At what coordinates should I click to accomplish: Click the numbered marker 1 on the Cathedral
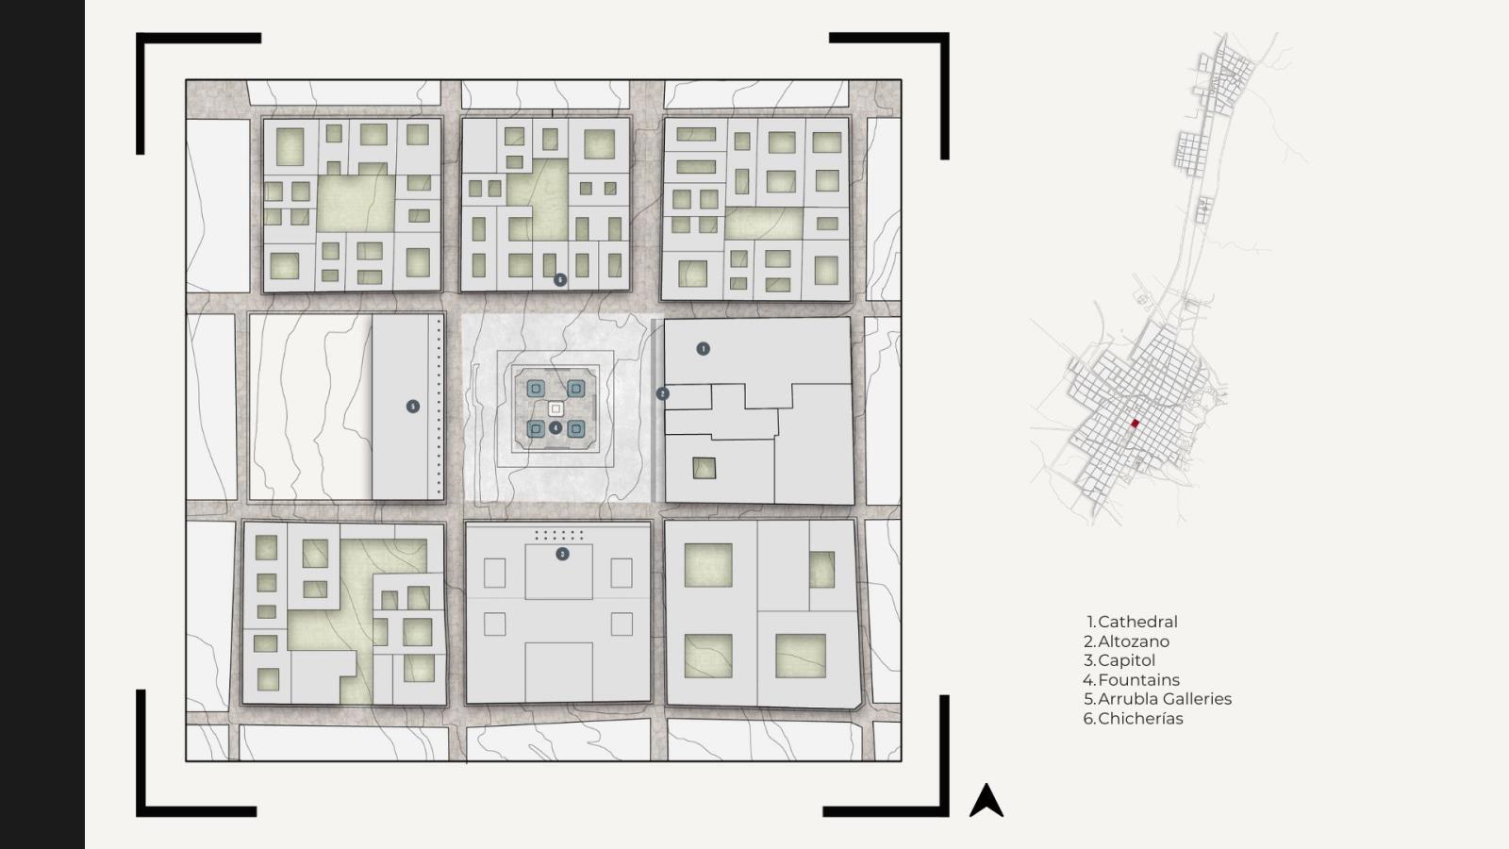(x=703, y=349)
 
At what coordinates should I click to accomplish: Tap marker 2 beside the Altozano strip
(x=662, y=393)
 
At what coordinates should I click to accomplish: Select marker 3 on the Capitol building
(x=562, y=554)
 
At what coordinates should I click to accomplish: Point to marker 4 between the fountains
(x=556, y=428)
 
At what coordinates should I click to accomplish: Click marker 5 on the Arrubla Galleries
(x=413, y=407)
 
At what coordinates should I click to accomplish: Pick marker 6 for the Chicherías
(x=560, y=279)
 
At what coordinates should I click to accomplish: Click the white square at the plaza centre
(x=556, y=409)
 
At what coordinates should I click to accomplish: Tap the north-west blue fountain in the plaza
(x=536, y=388)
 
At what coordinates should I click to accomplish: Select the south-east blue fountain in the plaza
(x=575, y=429)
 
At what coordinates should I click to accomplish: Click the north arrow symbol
(x=987, y=802)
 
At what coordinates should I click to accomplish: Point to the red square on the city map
(x=1135, y=424)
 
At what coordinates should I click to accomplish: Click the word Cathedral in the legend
(x=1137, y=622)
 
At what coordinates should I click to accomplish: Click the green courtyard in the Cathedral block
(x=704, y=468)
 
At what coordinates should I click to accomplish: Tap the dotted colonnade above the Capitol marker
(x=559, y=536)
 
